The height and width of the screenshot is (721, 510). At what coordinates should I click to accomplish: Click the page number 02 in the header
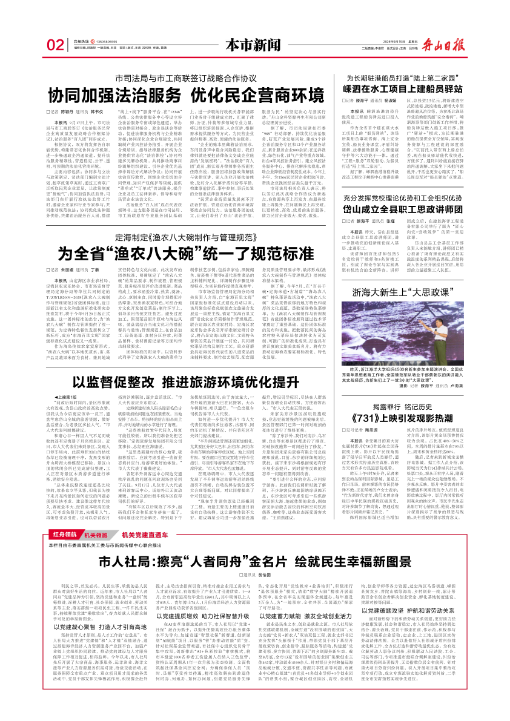pyautogui.click(x=55, y=45)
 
